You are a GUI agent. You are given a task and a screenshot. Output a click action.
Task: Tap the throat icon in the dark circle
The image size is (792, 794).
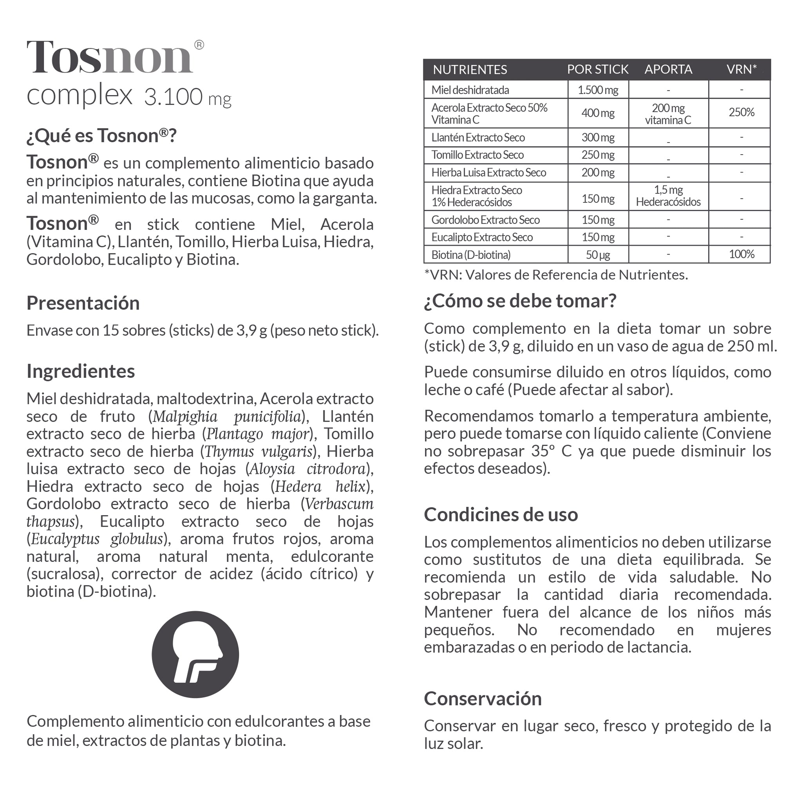pos(195,654)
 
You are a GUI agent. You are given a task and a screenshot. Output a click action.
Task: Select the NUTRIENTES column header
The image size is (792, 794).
pos(470,69)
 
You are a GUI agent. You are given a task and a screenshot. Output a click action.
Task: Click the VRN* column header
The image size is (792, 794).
pos(741,69)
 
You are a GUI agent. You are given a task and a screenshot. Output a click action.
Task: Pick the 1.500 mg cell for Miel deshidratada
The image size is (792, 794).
pos(598,90)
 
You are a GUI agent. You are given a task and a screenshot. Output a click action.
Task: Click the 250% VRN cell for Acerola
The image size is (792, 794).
pos(741,112)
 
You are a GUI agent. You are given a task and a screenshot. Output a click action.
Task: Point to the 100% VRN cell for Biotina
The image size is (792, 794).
pos(741,254)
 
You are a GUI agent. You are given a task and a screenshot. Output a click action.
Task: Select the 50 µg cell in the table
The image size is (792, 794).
pos(598,255)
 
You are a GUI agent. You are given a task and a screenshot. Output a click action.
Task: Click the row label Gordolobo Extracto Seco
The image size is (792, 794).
pos(485,220)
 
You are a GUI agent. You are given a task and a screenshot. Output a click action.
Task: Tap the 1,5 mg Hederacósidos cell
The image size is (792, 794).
pos(668,196)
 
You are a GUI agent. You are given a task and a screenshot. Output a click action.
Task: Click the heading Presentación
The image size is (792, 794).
pos(83,303)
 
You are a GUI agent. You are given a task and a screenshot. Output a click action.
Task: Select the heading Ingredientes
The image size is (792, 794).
pos(81,371)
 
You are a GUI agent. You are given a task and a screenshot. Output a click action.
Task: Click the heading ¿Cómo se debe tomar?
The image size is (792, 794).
pos(520,301)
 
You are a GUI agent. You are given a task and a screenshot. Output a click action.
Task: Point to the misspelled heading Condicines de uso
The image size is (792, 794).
pos(501,514)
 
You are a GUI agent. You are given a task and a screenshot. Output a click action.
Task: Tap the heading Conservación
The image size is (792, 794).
pos(483,698)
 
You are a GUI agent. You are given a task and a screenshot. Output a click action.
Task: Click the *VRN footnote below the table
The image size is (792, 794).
pos(556,274)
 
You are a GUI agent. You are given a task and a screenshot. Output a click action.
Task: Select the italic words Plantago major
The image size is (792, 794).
pos(257,434)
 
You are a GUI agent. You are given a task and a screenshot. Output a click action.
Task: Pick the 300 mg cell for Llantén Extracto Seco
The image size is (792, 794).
pos(598,137)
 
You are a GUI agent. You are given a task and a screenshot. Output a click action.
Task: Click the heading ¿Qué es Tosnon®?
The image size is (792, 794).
pos(101,135)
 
